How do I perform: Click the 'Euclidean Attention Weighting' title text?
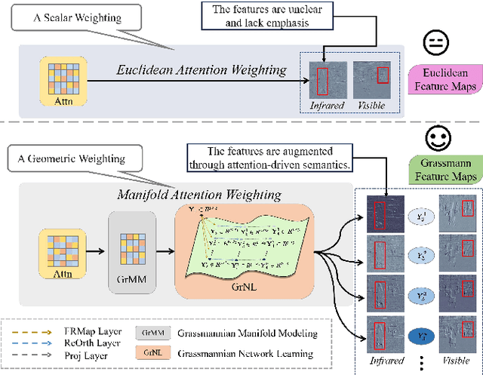pyautogui.click(x=200, y=70)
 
